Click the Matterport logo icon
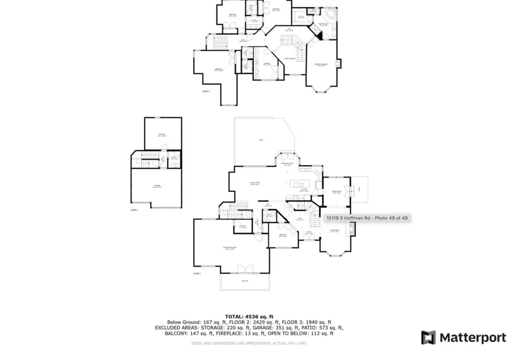click(428, 337)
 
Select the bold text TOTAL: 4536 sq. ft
click(249, 317)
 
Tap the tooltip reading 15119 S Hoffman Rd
click(367, 218)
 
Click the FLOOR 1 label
click(134, 210)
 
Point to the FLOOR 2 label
click(197, 273)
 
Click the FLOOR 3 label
click(206, 91)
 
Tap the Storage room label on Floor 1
click(162, 135)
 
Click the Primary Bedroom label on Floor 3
click(321, 65)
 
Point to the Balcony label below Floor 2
click(245, 281)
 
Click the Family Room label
click(255, 183)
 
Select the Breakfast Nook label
click(287, 164)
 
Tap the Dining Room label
click(336, 192)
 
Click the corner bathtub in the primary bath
click(331, 14)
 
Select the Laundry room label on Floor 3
click(267, 64)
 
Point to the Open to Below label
click(290, 58)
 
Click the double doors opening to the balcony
click(245, 269)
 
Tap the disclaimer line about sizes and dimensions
click(249, 343)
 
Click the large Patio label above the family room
click(261, 140)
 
